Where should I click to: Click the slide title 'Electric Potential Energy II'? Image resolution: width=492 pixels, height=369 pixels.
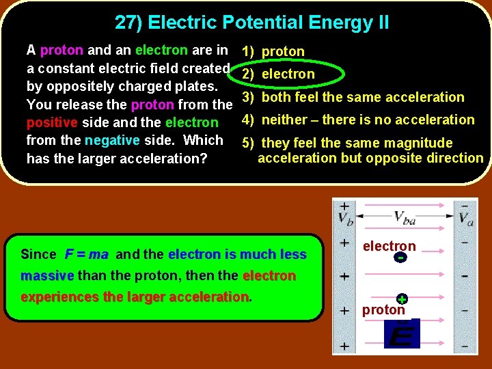tap(269, 23)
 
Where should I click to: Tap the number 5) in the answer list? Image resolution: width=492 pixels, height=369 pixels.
tap(249, 143)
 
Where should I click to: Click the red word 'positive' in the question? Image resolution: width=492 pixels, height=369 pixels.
tap(52, 123)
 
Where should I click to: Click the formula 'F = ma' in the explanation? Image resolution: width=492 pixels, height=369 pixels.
tap(87, 254)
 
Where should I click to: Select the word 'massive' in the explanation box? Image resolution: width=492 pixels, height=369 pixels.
tap(47, 276)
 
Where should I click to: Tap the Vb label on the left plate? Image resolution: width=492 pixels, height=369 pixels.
tap(346, 218)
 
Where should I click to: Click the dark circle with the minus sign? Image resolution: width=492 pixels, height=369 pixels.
tap(400, 258)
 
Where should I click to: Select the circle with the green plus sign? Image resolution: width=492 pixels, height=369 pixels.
tap(402, 299)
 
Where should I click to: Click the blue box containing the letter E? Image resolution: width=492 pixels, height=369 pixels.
tap(402, 334)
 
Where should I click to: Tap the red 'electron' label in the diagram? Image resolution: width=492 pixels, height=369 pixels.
tap(389, 246)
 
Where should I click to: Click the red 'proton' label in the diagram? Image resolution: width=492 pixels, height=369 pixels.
tap(383, 310)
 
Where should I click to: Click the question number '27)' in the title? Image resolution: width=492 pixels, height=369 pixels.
tap(128, 23)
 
